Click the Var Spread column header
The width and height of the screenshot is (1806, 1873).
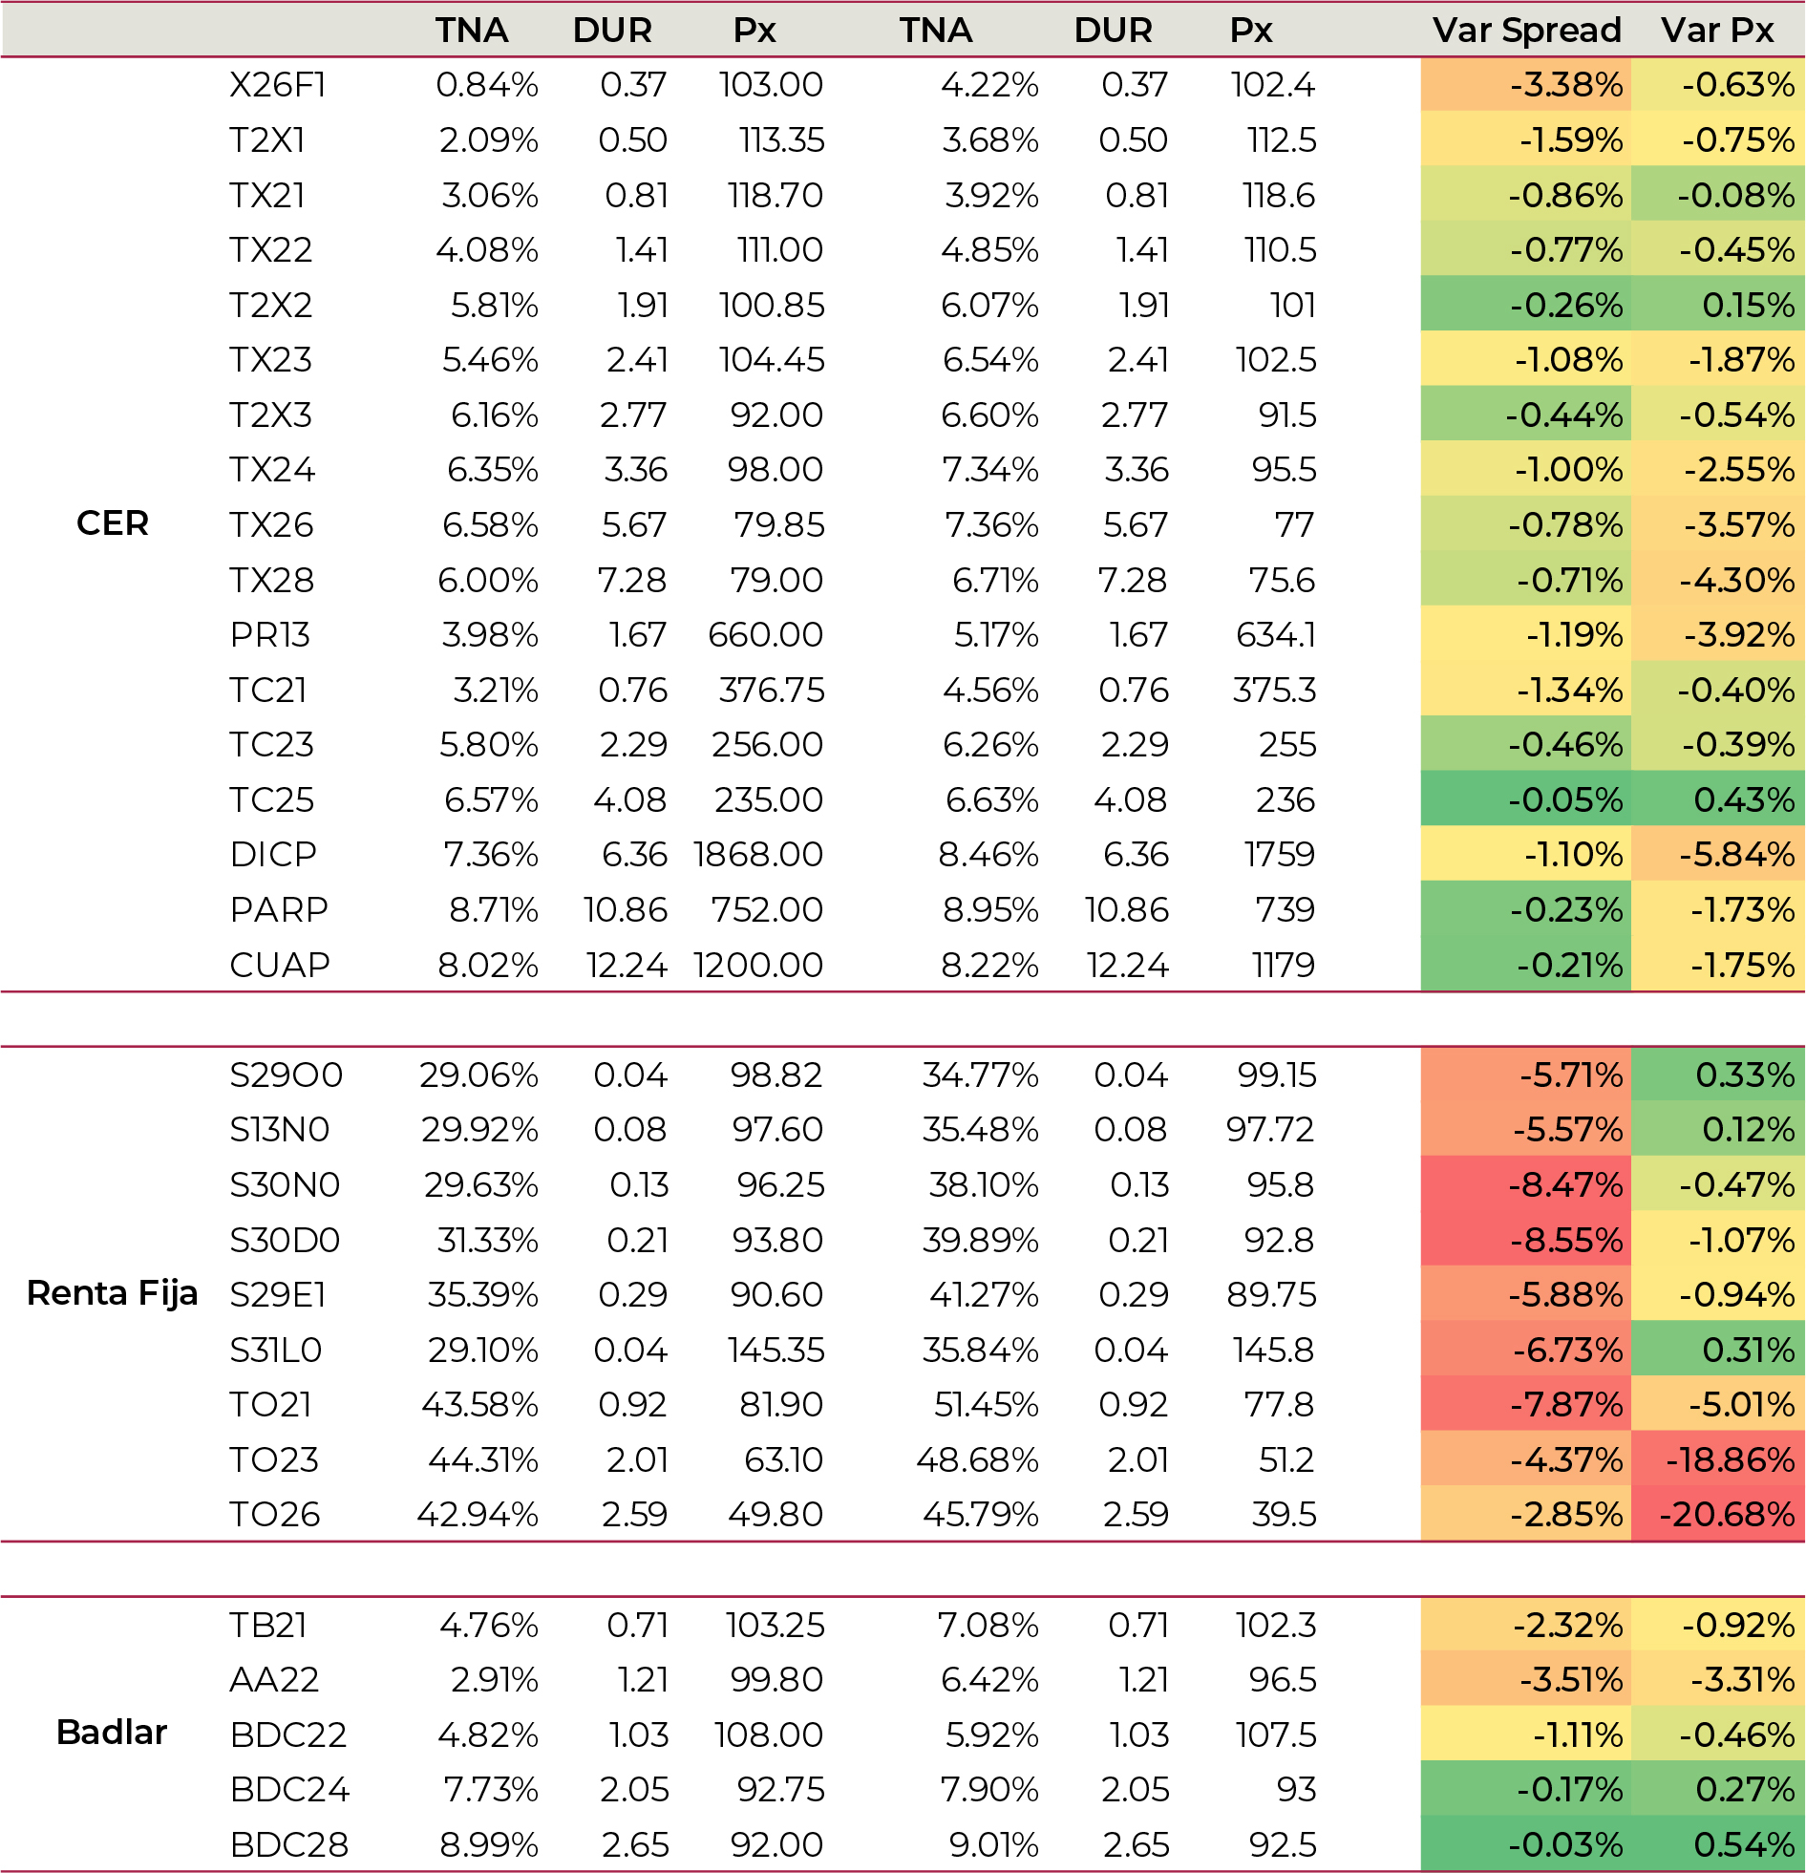point(1526,31)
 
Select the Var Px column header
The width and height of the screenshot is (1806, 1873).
point(1717,31)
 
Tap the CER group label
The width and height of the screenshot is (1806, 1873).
point(112,523)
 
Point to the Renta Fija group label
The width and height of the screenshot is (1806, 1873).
point(112,1293)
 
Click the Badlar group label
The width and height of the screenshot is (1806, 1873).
point(112,1733)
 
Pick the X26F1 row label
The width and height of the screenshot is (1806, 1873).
point(277,85)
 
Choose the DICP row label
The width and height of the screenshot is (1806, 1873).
point(273,854)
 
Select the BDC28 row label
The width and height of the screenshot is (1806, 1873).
point(288,1845)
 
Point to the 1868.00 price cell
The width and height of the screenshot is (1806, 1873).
point(757,854)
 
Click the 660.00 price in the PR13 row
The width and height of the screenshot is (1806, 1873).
point(765,634)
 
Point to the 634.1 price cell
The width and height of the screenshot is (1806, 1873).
point(1276,634)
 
